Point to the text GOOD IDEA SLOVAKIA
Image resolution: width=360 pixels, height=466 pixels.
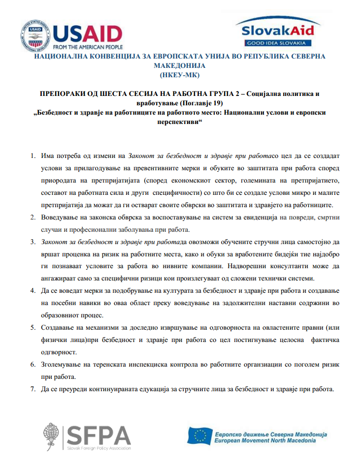(278, 43)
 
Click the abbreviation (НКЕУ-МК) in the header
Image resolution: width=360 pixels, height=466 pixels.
(180, 75)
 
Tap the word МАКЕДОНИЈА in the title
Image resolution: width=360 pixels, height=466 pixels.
(180, 65)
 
